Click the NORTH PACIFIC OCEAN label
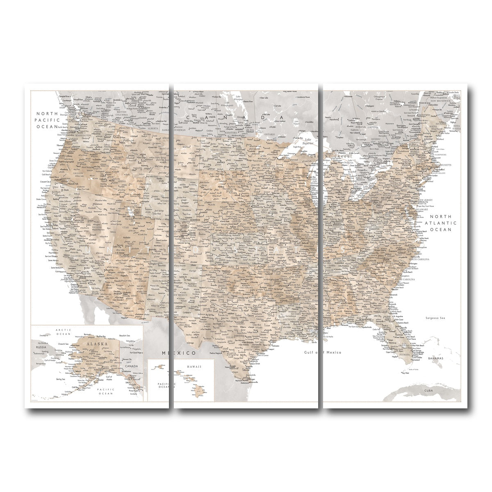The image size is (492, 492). tap(48, 120)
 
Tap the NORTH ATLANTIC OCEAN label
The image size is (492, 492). tap(440, 223)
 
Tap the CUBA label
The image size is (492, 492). tap(429, 390)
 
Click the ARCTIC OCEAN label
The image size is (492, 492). tap(63, 332)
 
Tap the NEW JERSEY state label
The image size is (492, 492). tap(426, 200)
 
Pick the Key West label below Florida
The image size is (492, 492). tap(406, 373)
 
